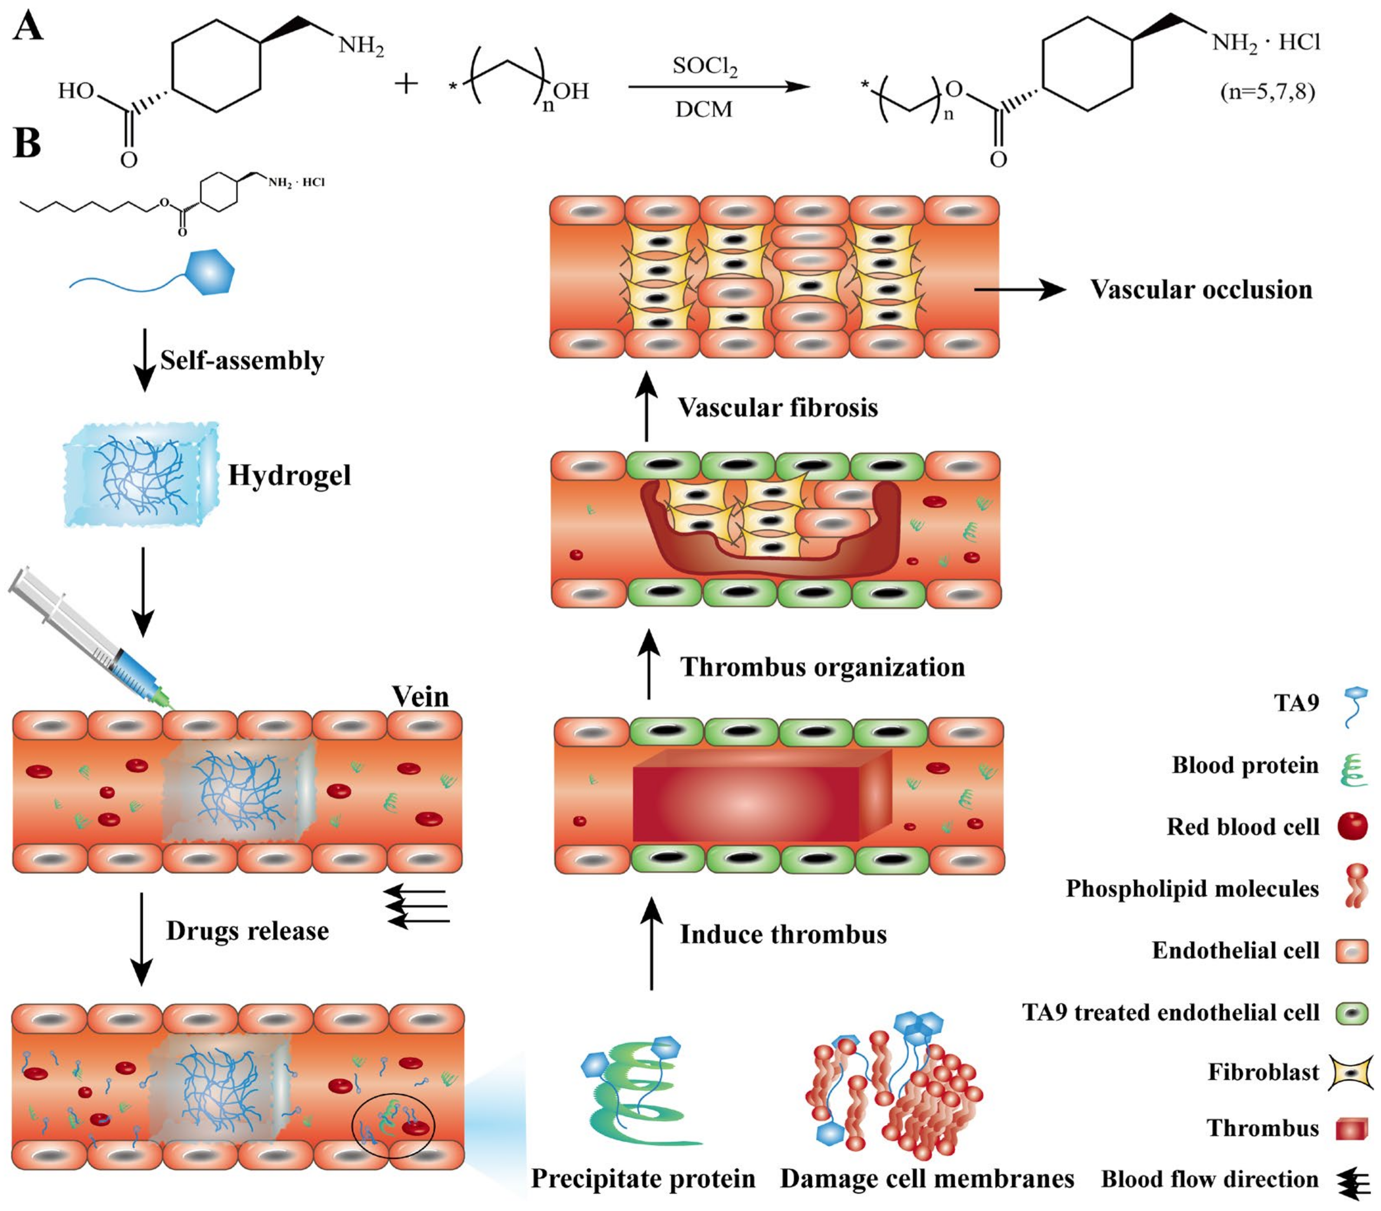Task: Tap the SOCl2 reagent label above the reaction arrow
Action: [705, 66]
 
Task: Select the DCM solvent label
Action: [703, 109]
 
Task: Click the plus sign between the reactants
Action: [406, 84]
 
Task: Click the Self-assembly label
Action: [242, 360]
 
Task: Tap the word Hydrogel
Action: [289, 475]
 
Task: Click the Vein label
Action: [420, 697]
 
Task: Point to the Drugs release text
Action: [247, 931]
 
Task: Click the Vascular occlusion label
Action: [1201, 290]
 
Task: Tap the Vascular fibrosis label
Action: [778, 407]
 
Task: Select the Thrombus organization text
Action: [822, 667]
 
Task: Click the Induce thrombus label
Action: [783, 934]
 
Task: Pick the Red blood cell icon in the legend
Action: [1352, 826]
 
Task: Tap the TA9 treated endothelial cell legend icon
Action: [1352, 1013]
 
